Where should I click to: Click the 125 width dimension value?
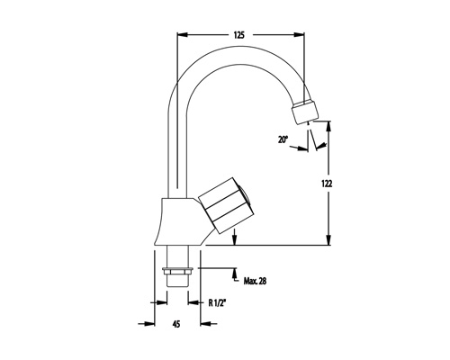click(239, 35)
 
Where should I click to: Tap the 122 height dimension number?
click(328, 184)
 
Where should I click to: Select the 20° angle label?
click(283, 139)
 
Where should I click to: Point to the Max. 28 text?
click(255, 281)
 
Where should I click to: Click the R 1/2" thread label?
click(217, 303)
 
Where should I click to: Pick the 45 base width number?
click(176, 324)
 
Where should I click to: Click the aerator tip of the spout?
click(304, 112)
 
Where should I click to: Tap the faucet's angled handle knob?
click(227, 205)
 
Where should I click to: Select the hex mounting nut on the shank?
click(177, 271)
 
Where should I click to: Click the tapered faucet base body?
click(180, 221)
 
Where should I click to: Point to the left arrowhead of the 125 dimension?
click(183, 35)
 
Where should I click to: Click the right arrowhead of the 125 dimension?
click(299, 35)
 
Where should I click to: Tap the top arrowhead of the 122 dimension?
click(328, 126)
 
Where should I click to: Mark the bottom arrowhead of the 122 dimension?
click(328, 239)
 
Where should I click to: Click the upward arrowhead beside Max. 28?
click(235, 274)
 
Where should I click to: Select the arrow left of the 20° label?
click(299, 148)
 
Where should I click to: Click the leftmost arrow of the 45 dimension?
click(147, 324)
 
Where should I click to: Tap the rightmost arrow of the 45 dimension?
click(208, 324)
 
